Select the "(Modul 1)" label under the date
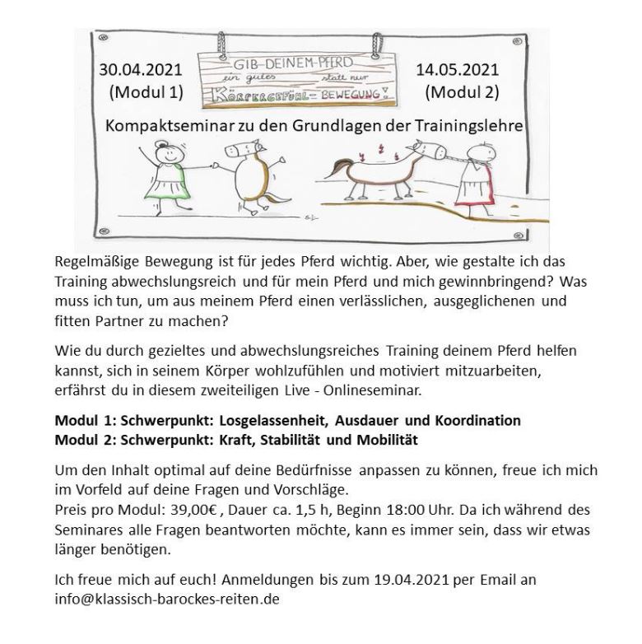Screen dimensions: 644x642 click(146, 92)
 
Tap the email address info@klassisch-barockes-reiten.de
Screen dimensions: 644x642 click(167, 599)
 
